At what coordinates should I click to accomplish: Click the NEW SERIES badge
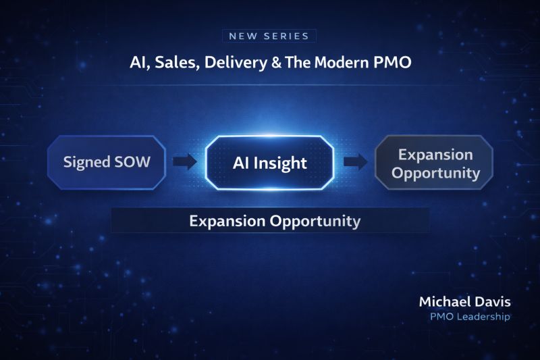pyautogui.click(x=269, y=36)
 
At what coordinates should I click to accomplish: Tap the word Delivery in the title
pyautogui.click(x=236, y=63)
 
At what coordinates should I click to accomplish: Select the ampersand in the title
pyautogui.click(x=276, y=63)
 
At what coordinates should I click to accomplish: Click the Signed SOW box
pyautogui.click(x=107, y=162)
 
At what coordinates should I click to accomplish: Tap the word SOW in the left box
pyautogui.click(x=132, y=162)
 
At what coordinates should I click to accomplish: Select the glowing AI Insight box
pyautogui.click(x=269, y=163)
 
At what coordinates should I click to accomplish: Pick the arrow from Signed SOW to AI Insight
pyautogui.click(x=184, y=161)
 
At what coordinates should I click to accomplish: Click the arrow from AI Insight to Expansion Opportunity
pyautogui.click(x=356, y=161)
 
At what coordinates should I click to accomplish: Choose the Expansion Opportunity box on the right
pyautogui.click(x=434, y=162)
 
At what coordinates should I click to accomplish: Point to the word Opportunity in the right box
pyautogui.click(x=435, y=173)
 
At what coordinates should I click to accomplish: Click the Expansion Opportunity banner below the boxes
pyautogui.click(x=271, y=220)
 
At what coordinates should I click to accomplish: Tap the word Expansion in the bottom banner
pyautogui.click(x=227, y=221)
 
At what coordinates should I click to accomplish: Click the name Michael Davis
pyautogui.click(x=464, y=302)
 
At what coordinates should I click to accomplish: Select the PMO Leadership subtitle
pyautogui.click(x=470, y=317)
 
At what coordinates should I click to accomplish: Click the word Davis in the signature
pyautogui.click(x=493, y=302)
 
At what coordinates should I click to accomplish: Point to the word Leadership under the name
pyautogui.click(x=483, y=317)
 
